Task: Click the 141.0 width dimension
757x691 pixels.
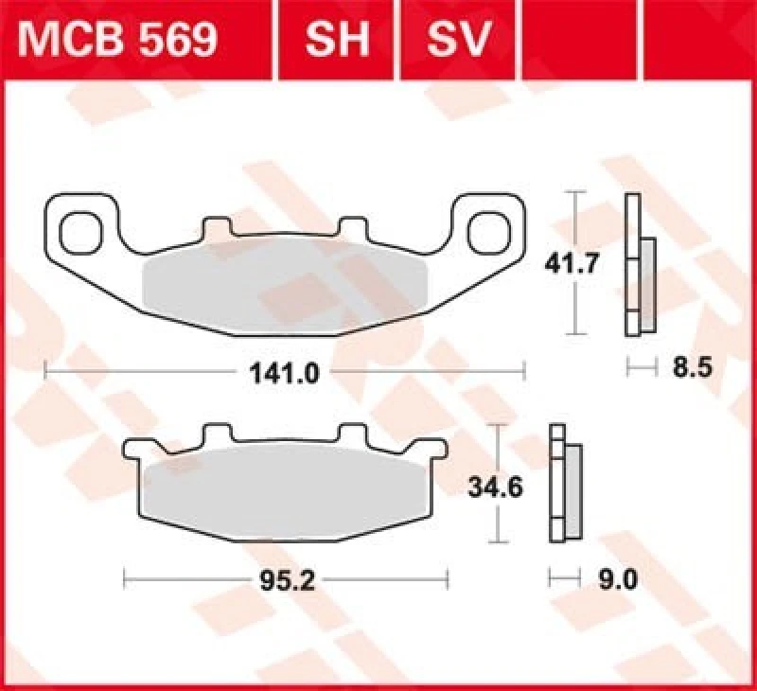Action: click(x=284, y=372)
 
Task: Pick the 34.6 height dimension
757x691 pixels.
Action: click(x=495, y=487)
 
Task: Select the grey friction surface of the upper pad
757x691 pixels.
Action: click(x=284, y=279)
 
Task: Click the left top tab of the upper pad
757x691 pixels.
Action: click(x=216, y=229)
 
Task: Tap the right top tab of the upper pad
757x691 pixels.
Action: click(x=352, y=229)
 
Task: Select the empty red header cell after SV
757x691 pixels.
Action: click(x=636, y=39)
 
